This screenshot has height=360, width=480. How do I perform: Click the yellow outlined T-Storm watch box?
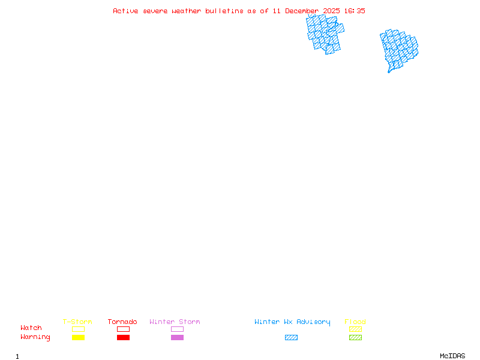(78, 329)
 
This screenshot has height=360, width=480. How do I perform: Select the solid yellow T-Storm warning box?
(78, 338)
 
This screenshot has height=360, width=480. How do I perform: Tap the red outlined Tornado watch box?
(123, 329)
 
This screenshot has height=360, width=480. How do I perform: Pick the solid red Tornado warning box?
(123, 338)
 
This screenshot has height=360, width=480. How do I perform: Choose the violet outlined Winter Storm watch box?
(177, 329)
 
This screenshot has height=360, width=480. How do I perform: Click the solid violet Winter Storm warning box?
(177, 338)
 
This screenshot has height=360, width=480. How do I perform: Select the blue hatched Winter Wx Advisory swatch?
(291, 338)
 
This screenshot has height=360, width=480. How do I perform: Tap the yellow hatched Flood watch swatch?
(355, 329)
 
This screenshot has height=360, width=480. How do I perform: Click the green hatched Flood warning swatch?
(355, 338)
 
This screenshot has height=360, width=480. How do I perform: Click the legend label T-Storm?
(77, 322)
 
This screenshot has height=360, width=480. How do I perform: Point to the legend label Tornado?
(122, 322)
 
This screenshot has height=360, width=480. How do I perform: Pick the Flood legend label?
(355, 322)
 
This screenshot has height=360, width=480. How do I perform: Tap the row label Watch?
(31, 328)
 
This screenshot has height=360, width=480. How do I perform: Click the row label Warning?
(35, 337)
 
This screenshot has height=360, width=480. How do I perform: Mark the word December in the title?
(302, 11)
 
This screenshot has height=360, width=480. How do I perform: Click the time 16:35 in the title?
(353, 11)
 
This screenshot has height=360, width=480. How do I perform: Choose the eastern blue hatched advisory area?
(398, 49)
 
